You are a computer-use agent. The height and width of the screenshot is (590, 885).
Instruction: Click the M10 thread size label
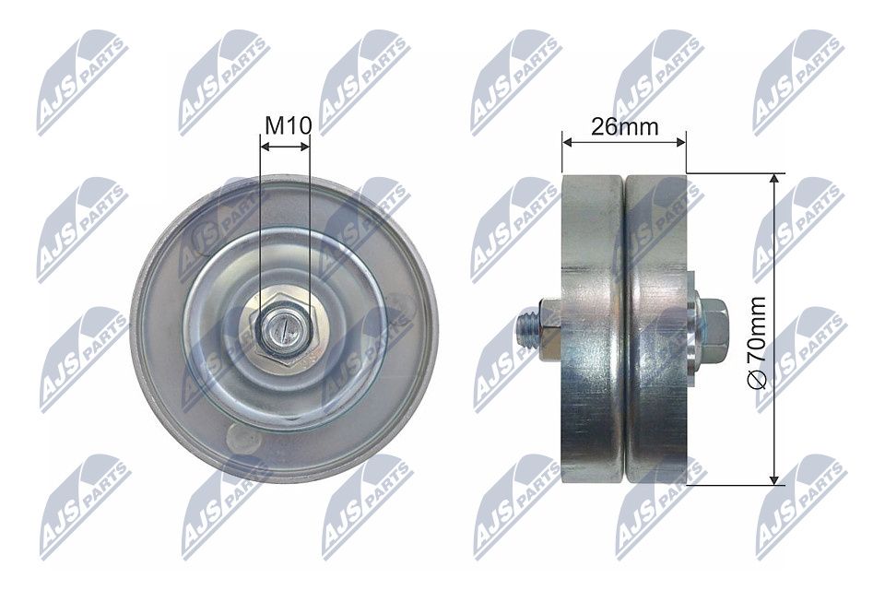pos(289,126)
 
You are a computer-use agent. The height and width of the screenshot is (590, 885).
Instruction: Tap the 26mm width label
pos(624,127)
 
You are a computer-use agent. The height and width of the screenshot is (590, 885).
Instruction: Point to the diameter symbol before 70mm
pos(757,381)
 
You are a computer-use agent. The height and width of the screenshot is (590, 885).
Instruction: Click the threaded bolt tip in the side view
pos(527,330)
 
